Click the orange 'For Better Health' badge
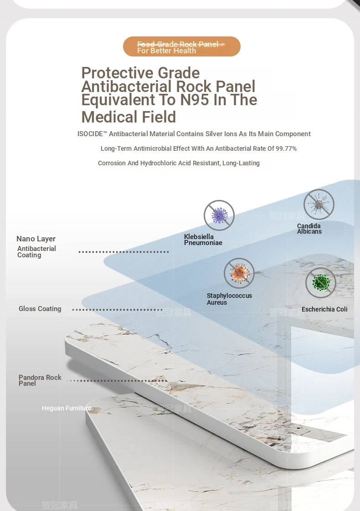pyautogui.click(x=181, y=47)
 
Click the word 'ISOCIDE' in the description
pyautogui.click(x=92, y=134)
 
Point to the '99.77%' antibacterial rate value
pyautogui.click(x=286, y=148)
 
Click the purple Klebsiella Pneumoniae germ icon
pyautogui.click(x=219, y=215)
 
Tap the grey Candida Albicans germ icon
pyautogui.click(x=319, y=204)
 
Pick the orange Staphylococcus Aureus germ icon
pyautogui.click(x=239, y=273)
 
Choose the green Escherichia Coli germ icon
pyautogui.click(x=321, y=283)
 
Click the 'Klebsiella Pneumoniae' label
pyautogui.click(x=203, y=240)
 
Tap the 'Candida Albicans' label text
pyautogui.click(x=309, y=229)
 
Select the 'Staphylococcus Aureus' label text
pyautogui.click(x=229, y=299)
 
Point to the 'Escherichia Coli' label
pyautogui.click(x=324, y=309)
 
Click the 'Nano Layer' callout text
pyautogui.click(x=36, y=239)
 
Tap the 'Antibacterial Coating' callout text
pyautogui.click(x=36, y=252)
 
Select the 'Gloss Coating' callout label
pyautogui.click(x=40, y=309)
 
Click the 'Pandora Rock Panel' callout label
pyautogui.click(x=40, y=380)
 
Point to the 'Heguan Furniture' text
pyautogui.click(x=67, y=408)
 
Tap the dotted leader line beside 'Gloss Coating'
pyautogui.click(x=118, y=310)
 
